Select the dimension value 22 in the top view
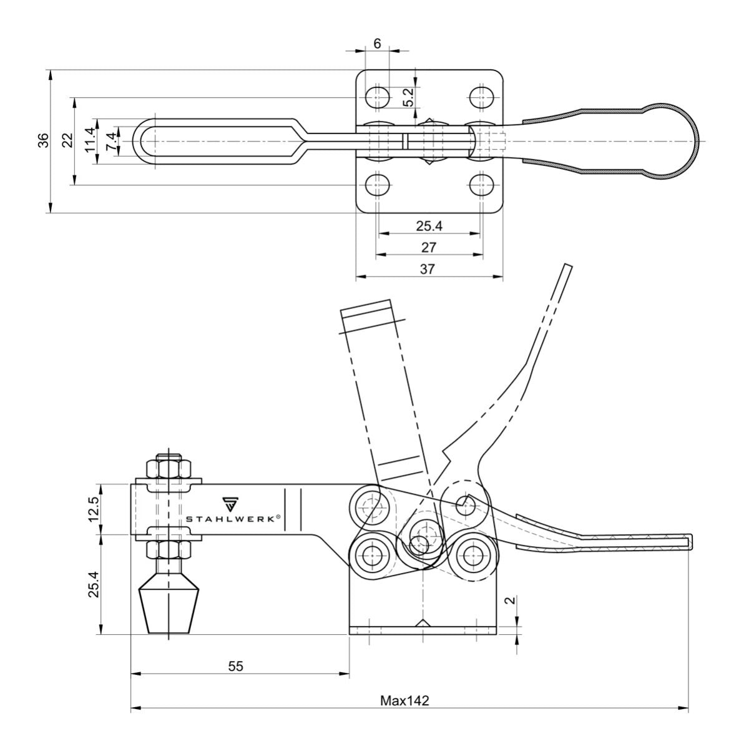69,140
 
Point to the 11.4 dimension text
90,140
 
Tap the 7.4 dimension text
110,140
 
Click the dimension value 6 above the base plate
376,43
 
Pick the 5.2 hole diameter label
408,97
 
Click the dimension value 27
428,248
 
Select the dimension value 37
428,269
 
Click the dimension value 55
235,666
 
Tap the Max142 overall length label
404,700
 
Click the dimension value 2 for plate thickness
510,600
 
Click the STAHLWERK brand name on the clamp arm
233,518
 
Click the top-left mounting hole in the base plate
377,97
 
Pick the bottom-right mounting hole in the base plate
481,185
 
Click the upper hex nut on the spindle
169,468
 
